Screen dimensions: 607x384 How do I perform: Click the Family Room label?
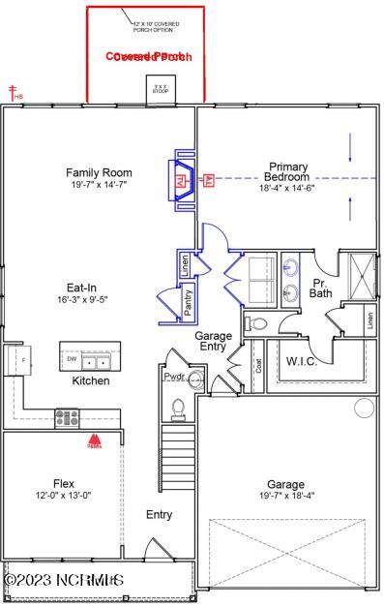(x=99, y=172)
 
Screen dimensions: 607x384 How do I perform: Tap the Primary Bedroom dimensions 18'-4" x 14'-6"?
(x=288, y=188)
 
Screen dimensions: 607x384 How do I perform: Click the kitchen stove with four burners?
(x=67, y=417)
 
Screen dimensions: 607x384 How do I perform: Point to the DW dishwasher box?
(x=71, y=358)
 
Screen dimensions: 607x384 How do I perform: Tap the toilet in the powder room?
(x=177, y=409)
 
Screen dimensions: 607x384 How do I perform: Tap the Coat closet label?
(x=257, y=367)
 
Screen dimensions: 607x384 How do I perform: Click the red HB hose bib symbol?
(x=15, y=93)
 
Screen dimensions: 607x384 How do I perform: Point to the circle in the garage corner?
(x=364, y=408)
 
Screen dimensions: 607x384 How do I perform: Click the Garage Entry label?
(x=214, y=340)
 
